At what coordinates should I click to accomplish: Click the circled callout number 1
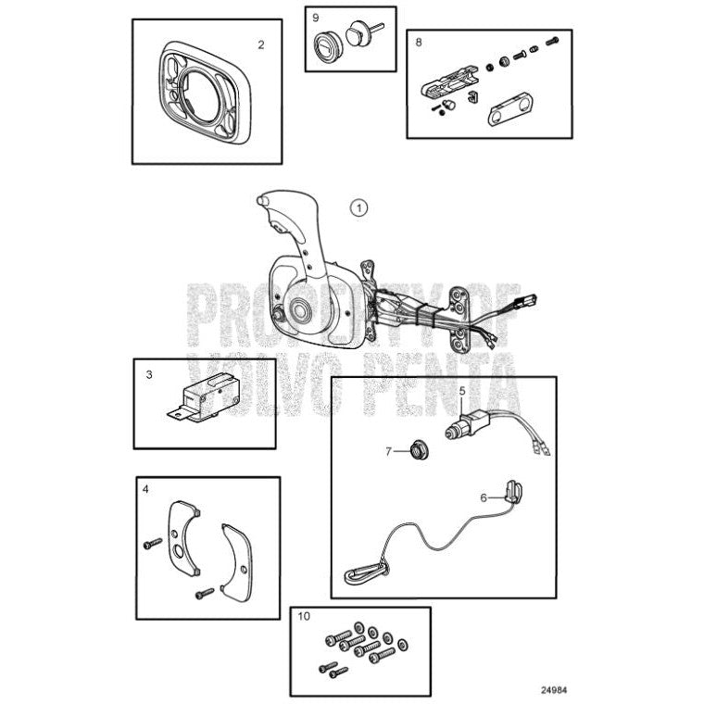pos(358,207)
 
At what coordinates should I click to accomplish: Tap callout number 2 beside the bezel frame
pos(261,44)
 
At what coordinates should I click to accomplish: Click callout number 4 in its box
pos(145,489)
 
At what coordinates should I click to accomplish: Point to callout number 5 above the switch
pos(462,391)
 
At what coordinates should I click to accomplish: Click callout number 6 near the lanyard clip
pos(484,497)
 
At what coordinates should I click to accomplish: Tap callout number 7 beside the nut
pos(388,451)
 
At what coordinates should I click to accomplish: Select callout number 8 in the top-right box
pos(419,43)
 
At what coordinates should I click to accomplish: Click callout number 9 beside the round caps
pos(316,18)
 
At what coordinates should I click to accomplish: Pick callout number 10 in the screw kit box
pos(304,616)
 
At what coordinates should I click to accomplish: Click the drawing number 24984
pos(553,690)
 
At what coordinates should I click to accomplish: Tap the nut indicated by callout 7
pos(419,450)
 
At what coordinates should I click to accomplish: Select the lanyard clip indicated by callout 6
pos(514,491)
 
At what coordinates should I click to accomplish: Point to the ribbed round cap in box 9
pos(327,44)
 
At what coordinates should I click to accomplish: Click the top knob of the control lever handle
pos(263,199)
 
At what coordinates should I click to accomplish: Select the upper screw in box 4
pos(152,543)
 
